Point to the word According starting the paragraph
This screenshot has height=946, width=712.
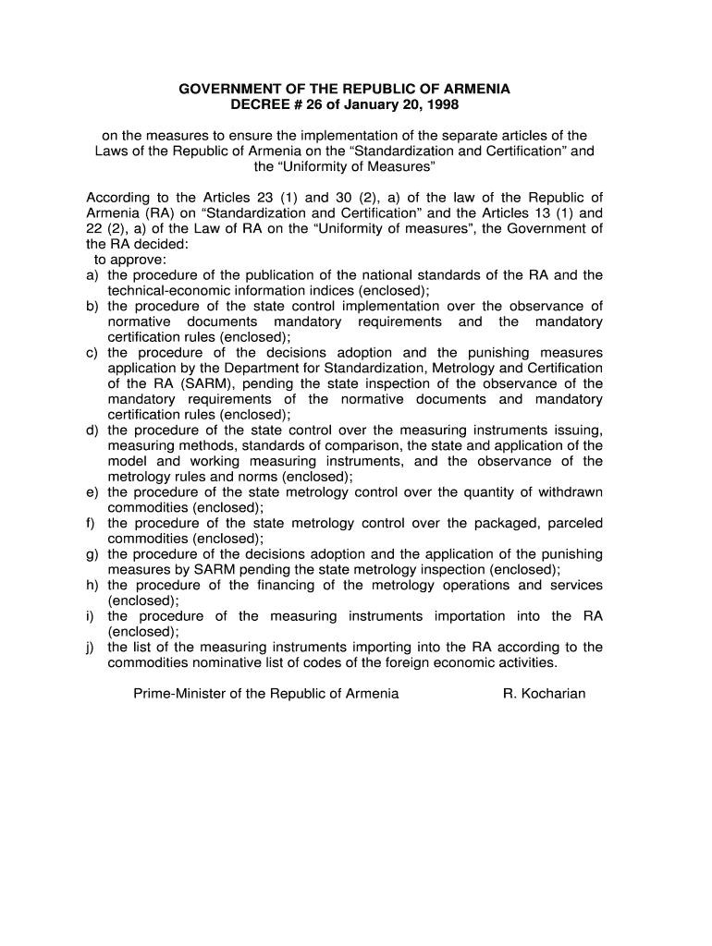[117, 198]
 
